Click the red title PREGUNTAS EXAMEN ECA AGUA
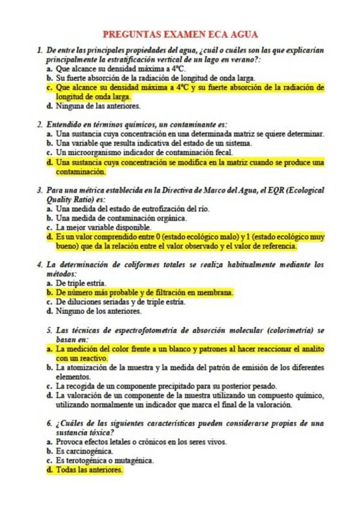click(x=180, y=35)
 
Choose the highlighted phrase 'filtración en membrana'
click(x=192, y=292)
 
